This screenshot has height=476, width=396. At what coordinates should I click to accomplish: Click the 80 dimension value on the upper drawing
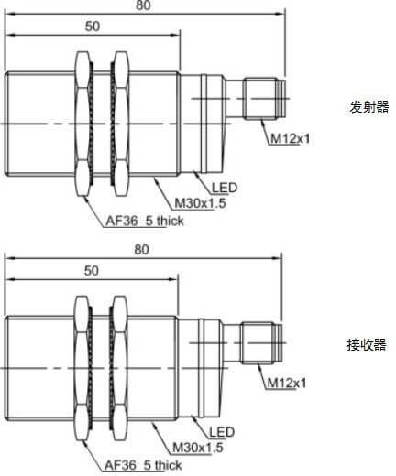coord(143,5)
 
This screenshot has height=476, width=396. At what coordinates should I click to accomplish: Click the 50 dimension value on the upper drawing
coord(93,27)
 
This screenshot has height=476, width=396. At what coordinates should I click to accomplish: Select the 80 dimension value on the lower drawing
coord(141,250)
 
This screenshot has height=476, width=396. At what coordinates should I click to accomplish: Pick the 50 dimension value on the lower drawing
coord(92,271)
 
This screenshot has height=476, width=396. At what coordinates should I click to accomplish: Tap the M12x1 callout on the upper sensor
coord(291,139)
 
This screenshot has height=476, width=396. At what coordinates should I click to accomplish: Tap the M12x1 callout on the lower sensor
coord(287,383)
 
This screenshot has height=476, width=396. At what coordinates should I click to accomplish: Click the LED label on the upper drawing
coord(225,188)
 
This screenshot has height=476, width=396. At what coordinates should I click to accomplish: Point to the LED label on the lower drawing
coord(222,432)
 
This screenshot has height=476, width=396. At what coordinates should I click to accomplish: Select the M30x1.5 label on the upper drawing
coord(200,203)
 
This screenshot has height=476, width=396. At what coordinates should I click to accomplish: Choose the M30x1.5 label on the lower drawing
coord(198,448)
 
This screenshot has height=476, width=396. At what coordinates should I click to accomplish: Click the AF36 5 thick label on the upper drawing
coord(145,221)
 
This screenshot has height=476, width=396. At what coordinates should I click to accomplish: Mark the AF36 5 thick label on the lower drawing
coord(143,465)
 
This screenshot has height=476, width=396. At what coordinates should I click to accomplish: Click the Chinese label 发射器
coord(369,107)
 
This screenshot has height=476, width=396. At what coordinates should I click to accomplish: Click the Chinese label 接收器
coord(367,345)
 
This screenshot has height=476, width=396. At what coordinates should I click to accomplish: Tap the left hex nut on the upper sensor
coord(82,124)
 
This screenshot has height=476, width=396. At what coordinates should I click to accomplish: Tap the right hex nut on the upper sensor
coord(121,124)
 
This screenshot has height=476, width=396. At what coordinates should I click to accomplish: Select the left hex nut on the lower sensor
coord(82,368)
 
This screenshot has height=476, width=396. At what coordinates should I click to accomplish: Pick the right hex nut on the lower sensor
coord(119,368)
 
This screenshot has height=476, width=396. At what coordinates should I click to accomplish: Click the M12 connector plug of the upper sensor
coord(265,99)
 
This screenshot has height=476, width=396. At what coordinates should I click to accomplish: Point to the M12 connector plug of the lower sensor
coord(261,343)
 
